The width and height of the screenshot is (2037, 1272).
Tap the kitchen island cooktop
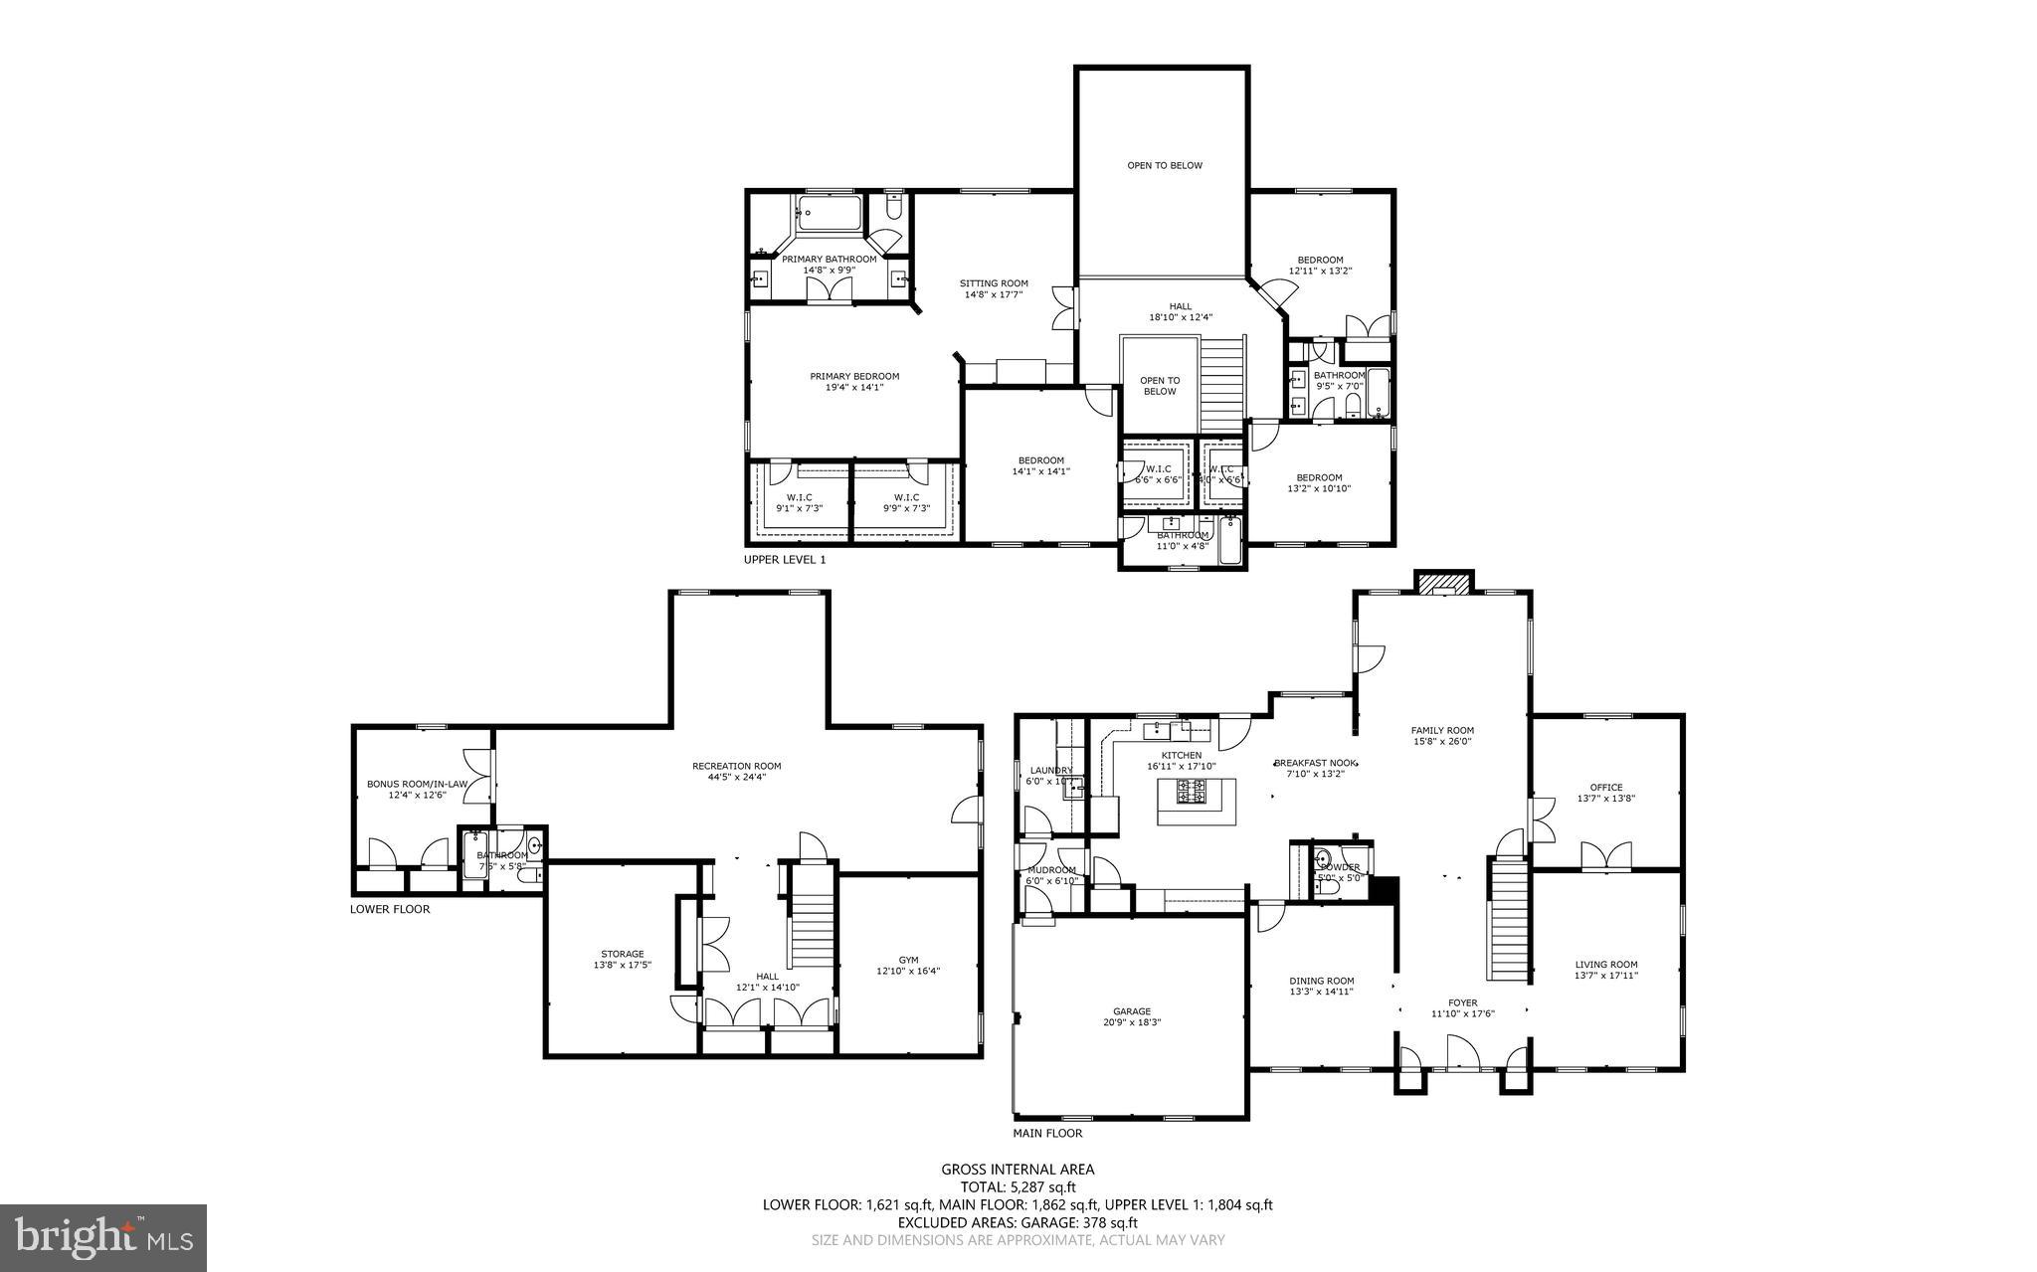click(x=1192, y=793)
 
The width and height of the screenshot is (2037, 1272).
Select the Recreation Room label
click(x=736, y=766)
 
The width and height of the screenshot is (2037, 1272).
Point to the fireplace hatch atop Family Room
click(x=1443, y=583)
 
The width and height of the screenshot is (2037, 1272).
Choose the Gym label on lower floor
click(x=908, y=960)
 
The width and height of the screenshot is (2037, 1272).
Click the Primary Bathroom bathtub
click(x=830, y=212)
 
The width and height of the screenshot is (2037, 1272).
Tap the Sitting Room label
click(x=994, y=283)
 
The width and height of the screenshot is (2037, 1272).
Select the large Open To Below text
click(x=1164, y=165)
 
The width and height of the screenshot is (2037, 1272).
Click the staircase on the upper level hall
click(x=1222, y=383)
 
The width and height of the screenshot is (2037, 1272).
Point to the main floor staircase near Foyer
click(x=1509, y=920)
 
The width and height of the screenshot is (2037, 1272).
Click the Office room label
click(x=1605, y=788)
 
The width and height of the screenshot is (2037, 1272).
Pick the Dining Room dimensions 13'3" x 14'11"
click(x=1322, y=992)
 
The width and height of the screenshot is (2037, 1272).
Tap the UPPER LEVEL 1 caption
click(x=785, y=560)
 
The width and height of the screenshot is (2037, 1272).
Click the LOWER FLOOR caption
click(x=390, y=909)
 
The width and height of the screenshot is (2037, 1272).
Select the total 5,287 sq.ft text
click(x=1018, y=1186)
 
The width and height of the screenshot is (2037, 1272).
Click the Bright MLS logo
click(x=103, y=1236)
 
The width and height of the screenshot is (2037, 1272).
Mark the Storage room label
click(x=622, y=954)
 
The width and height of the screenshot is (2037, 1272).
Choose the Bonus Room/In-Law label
click(x=417, y=784)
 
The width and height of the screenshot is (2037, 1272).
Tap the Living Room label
click(x=1605, y=964)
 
